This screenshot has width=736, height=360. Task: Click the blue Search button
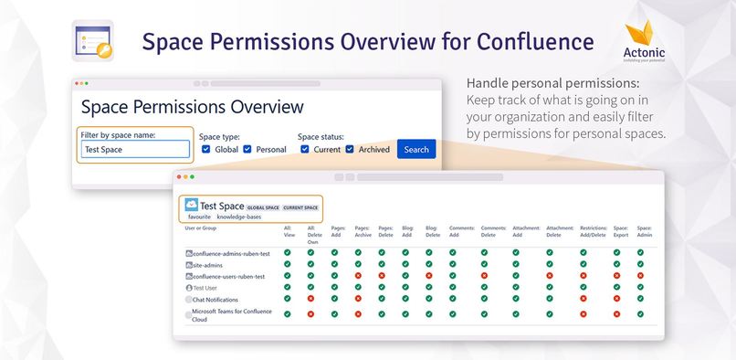pyautogui.click(x=416, y=150)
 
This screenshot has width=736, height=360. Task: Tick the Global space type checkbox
pyautogui.click(x=205, y=150)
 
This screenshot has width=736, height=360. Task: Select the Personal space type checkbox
pyautogui.click(x=248, y=150)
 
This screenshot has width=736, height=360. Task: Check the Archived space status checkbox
pyautogui.click(x=350, y=150)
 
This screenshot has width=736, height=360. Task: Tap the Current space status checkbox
pyautogui.click(x=306, y=150)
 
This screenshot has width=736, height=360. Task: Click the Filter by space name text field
pyautogui.click(x=135, y=150)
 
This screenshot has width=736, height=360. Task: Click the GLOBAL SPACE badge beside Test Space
pyautogui.click(x=262, y=208)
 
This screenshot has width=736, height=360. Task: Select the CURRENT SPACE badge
pyautogui.click(x=301, y=208)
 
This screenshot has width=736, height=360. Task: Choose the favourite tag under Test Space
pyautogui.click(x=199, y=217)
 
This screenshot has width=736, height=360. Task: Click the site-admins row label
pyautogui.click(x=211, y=264)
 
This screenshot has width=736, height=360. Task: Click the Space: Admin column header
pyautogui.click(x=645, y=231)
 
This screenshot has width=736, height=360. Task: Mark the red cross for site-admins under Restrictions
pyautogui.click(x=584, y=264)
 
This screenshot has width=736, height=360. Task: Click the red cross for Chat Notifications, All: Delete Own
pyautogui.click(x=310, y=298)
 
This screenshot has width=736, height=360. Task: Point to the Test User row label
pyautogui.click(x=209, y=287)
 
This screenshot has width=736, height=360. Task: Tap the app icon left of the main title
pyautogui.click(x=92, y=41)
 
